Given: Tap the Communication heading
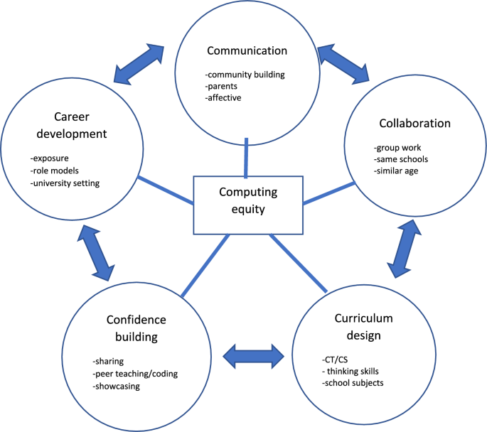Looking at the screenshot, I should (x=247, y=50).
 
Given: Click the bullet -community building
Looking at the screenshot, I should (x=246, y=73).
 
